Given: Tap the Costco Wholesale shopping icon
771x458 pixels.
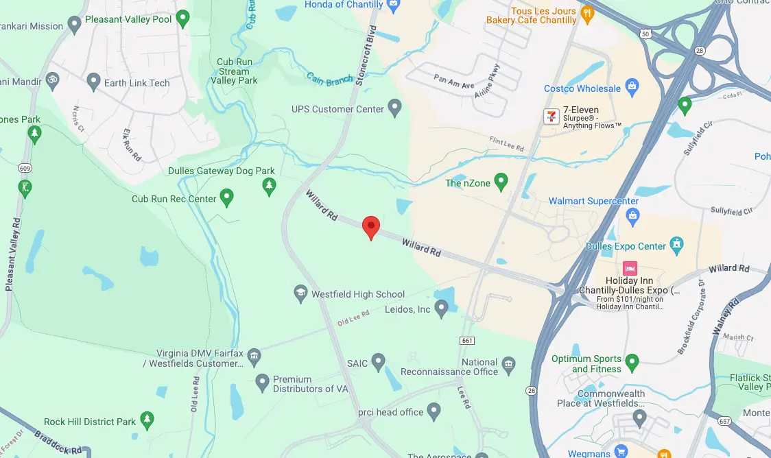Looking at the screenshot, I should pyautogui.click(x=632, y=87).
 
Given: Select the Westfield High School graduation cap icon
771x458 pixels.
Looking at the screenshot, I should pyautogui.click(x=300, y=293).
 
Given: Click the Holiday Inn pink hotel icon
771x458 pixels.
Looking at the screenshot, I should pyautogui.click(x=629, y=268).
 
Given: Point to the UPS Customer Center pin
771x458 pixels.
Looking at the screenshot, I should pyautogui.click(x=394, y=108).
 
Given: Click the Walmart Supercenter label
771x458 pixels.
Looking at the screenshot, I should pyautogui.click(x=593, y=201).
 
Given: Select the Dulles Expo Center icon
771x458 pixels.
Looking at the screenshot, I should pyautogui.click(x=677, y=244).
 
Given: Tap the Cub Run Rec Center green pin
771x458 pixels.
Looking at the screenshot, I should pyautogui.click(x=226, y=198).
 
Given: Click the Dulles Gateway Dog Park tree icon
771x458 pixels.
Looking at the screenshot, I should pyautogui.click(x=270, y=185).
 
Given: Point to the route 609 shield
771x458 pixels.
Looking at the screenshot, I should pyautogui.click(x=25, y=168).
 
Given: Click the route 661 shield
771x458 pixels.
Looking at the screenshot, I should pyautogui.click(x=468, y=341).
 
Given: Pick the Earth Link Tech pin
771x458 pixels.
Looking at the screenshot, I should pyautogui.click(x=94, y=82).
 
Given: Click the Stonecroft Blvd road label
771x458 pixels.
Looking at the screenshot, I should pyautogui.click(x=367, y=55).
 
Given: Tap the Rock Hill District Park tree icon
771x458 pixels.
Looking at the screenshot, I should pyautogui.click(x=147, y=420).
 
